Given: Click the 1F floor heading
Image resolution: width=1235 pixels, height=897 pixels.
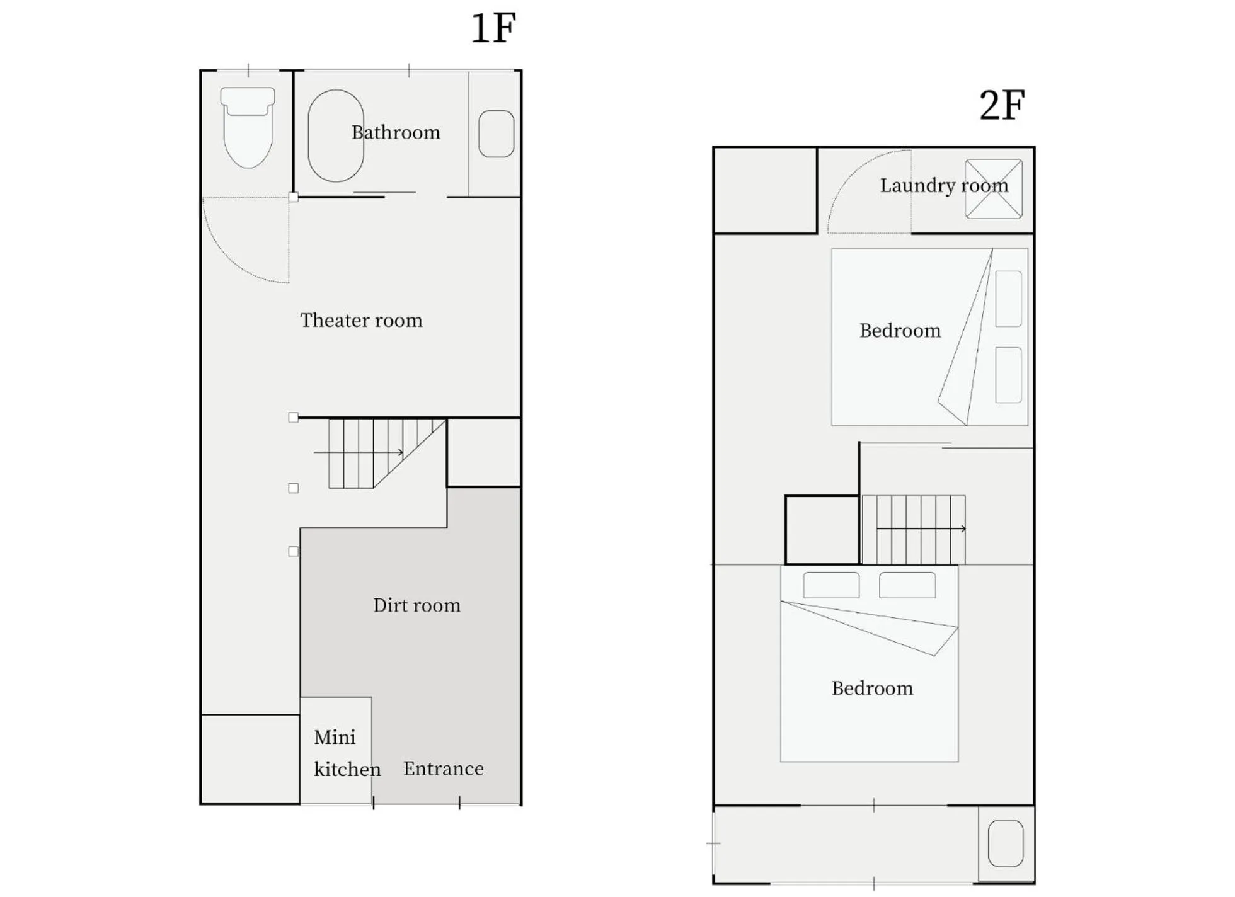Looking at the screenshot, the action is point(493,28).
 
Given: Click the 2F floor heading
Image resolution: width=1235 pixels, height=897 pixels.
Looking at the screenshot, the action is point(1002,105).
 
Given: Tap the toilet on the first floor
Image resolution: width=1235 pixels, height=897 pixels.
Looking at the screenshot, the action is point(248,128).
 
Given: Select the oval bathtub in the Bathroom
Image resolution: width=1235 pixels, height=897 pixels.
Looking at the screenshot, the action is point(336,135).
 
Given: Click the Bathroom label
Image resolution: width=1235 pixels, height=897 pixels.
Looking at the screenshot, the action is point(396,132).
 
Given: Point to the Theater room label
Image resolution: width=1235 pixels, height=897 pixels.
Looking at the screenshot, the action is point(361,320).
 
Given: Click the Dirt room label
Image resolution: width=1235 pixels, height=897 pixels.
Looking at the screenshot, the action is point(416,605).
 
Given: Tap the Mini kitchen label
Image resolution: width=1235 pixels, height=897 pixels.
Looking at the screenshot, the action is point(347,753).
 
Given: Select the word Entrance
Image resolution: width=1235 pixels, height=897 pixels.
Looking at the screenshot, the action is point(444,768).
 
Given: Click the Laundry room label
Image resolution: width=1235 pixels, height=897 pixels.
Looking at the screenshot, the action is point(944,185).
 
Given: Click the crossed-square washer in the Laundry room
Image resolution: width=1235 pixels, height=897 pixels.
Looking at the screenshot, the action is point(994,189).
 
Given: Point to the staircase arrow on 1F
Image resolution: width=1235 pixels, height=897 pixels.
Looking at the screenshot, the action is point(359,452).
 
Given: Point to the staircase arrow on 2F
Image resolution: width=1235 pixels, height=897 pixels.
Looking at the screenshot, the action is point(921,528).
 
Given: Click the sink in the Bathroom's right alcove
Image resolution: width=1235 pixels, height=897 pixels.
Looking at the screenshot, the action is point(497,134).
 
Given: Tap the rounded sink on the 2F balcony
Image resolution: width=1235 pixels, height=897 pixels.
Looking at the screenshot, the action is point(1006,843).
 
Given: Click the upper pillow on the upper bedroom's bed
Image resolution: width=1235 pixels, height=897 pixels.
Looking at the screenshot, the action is point(1008,299).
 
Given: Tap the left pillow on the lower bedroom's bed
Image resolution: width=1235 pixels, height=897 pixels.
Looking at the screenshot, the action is point(831,585).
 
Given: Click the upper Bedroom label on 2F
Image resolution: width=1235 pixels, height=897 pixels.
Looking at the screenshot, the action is point(900,331).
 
